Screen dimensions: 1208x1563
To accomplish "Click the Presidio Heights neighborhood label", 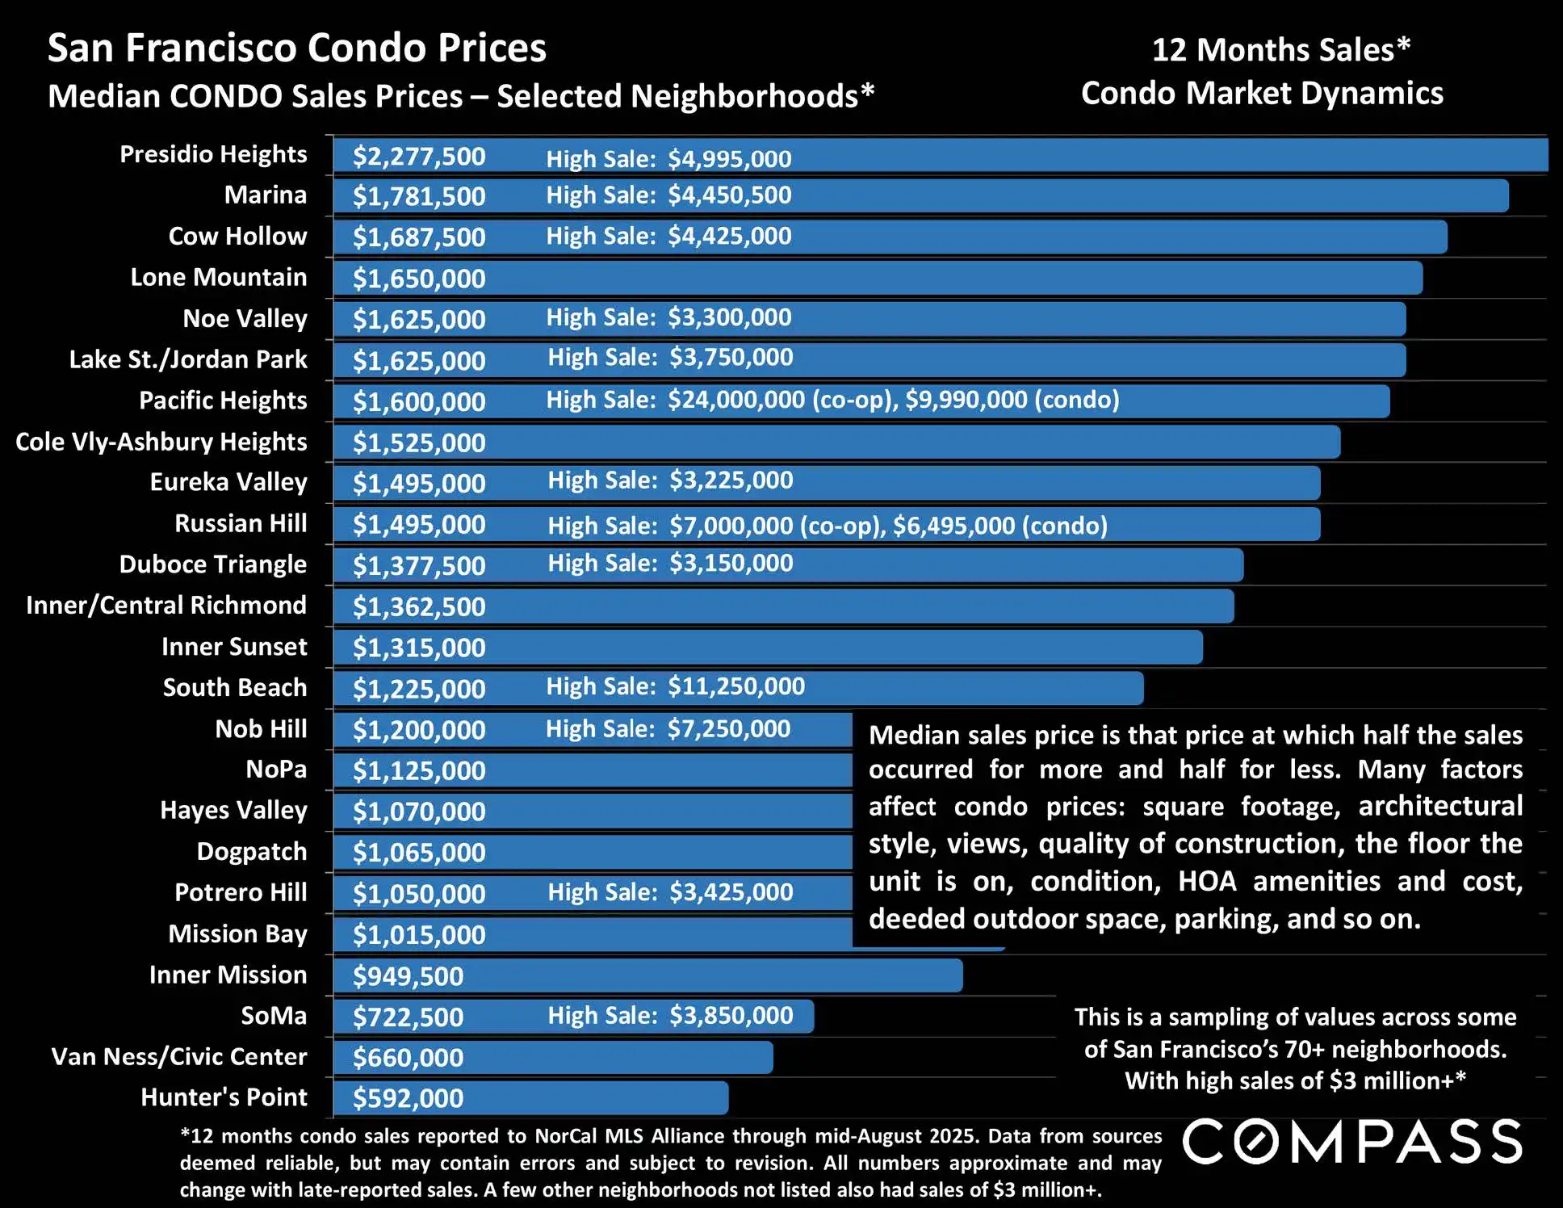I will click(213, 154).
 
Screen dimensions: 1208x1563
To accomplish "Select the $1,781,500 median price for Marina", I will click(419, 196).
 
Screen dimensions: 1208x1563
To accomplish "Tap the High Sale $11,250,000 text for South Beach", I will click(675, 686).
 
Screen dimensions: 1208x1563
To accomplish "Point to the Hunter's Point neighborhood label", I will click(224, 1097).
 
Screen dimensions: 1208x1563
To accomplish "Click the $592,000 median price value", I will click(408, 1098).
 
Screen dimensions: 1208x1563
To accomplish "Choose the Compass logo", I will click(1352, 1142).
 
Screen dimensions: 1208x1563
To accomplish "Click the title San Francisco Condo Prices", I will click(297, 48).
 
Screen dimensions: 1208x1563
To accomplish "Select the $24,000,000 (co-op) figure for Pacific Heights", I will click(781, 400).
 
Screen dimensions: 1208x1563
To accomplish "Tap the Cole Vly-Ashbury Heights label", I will click(161, 442).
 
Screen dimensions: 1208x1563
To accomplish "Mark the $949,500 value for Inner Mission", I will click(408, 975).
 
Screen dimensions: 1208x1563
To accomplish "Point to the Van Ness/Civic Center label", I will click(179, 1056).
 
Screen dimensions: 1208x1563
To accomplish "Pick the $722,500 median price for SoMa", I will click(408, 1017).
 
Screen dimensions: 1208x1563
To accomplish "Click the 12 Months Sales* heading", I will click(1280, 50).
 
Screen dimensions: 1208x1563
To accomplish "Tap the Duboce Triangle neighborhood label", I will click(213, 564).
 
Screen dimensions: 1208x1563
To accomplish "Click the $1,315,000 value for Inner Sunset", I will click(419, 648).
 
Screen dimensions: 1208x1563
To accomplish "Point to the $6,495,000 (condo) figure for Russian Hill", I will click(999, 526).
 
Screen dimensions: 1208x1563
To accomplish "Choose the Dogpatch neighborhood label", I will click(252, 851).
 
